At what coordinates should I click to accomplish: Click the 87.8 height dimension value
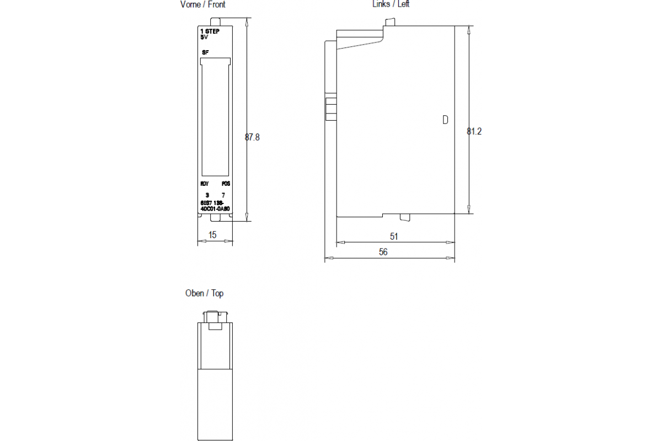252,137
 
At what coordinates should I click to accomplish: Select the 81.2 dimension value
474,132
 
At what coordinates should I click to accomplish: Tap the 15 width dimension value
212,235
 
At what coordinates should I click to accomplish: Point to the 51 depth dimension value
394,236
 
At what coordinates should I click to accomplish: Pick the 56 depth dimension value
383,252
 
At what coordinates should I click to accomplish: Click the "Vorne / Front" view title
203,4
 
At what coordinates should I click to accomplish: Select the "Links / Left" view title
391,4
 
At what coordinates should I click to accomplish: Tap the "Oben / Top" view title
204,293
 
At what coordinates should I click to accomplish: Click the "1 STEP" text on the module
210,32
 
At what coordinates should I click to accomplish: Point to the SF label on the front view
205,52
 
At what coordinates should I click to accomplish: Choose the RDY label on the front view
205,184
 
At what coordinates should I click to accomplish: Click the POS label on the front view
226,184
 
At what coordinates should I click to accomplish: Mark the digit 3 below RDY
207,195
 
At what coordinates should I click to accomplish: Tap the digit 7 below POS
223,195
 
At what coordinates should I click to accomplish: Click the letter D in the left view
445,120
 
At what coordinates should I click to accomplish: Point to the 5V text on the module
205,37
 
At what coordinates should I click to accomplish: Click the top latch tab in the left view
391,22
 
